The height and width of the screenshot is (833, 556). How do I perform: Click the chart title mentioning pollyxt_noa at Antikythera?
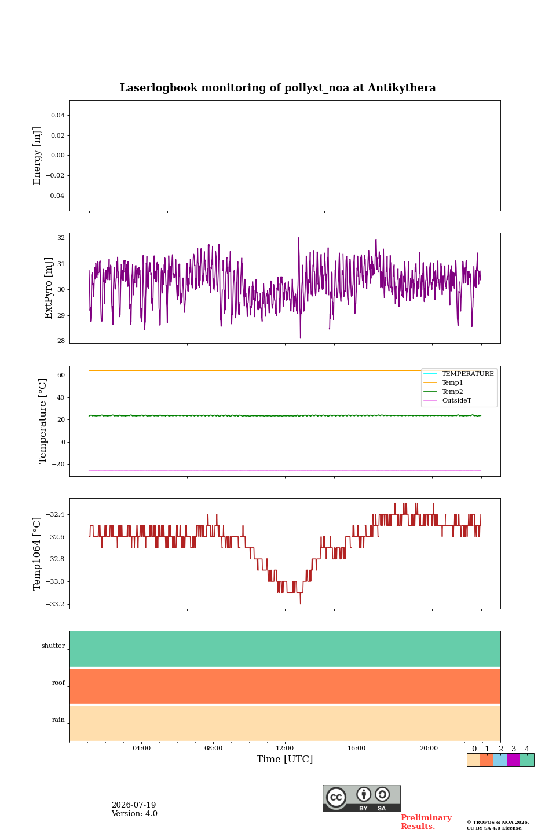pyautogui.click(x=278, y=88)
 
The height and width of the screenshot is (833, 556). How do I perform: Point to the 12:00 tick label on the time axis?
pyautogui.click(x=284, y=748)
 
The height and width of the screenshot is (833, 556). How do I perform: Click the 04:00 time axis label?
pyautogui.click(x=141, y=748)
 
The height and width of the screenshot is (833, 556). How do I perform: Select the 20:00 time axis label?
pyautogui.click(x=429, y=748)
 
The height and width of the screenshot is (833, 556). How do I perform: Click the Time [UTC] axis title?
pyautogui.click(x=284, y=760)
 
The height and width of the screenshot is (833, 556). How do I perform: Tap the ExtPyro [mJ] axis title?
pyautogui.click(x=48, y=288)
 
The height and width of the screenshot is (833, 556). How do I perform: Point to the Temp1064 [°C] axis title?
pyautogui.click(x=36, y=554)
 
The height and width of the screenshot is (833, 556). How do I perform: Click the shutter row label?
pyautogui.click(x=53, y=646)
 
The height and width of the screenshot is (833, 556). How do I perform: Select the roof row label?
pyautogui.click(x=58, y=683)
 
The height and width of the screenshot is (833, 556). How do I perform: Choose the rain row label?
pyautogui.click(x=58, y=720)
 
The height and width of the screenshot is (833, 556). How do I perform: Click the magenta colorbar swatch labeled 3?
pyautogui.click(x=514, y=760)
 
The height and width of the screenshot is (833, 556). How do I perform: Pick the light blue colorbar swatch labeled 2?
pyautogui.click(x=500, y=760)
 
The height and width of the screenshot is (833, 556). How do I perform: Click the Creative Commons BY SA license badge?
pyautogui.click(x=361, y=798)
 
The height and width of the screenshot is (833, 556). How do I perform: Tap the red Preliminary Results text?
pyautogui.click(x=426, y=822)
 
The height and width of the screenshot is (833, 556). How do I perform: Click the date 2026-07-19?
pyautogui.click(x=134, y=805)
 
